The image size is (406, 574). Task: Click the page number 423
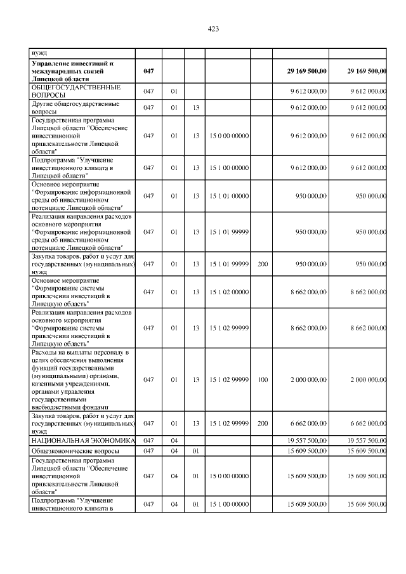[x=213, y=29]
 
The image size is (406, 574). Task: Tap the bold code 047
[x=148, y=72]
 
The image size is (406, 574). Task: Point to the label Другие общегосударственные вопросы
[x=67, y=107]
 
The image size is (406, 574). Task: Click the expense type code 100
[x=262, y=379]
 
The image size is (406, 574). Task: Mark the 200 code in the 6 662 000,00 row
[x=262, y=423]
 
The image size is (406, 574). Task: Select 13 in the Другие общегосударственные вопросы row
[x=197, y=108]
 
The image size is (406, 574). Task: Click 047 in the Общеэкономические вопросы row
[x=148, y=450]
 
